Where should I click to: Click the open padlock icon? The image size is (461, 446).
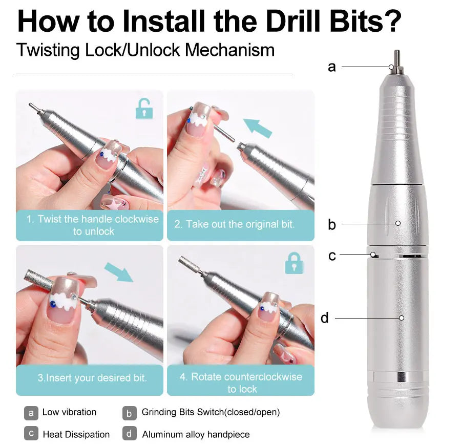pos(144,109)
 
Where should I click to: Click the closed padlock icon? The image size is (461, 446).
pos(294,263)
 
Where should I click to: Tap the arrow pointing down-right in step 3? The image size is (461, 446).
pos(118,272)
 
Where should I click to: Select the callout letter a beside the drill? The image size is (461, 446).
pos(332,67)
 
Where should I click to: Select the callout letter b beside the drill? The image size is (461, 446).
pos(332,224)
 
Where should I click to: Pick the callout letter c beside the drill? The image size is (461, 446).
pos(332,255)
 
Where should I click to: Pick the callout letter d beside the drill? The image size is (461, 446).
pos(325,318)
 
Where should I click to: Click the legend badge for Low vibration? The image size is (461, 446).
pos(31,413)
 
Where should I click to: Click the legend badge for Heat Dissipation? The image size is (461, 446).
pos(31,434)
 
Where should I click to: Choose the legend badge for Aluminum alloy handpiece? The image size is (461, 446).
pos(130,434)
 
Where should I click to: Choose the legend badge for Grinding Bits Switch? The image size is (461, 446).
pos(130,413)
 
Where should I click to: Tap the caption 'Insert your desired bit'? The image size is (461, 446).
pos(92,378)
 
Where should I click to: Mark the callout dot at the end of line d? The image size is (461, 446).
pos(402,318)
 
